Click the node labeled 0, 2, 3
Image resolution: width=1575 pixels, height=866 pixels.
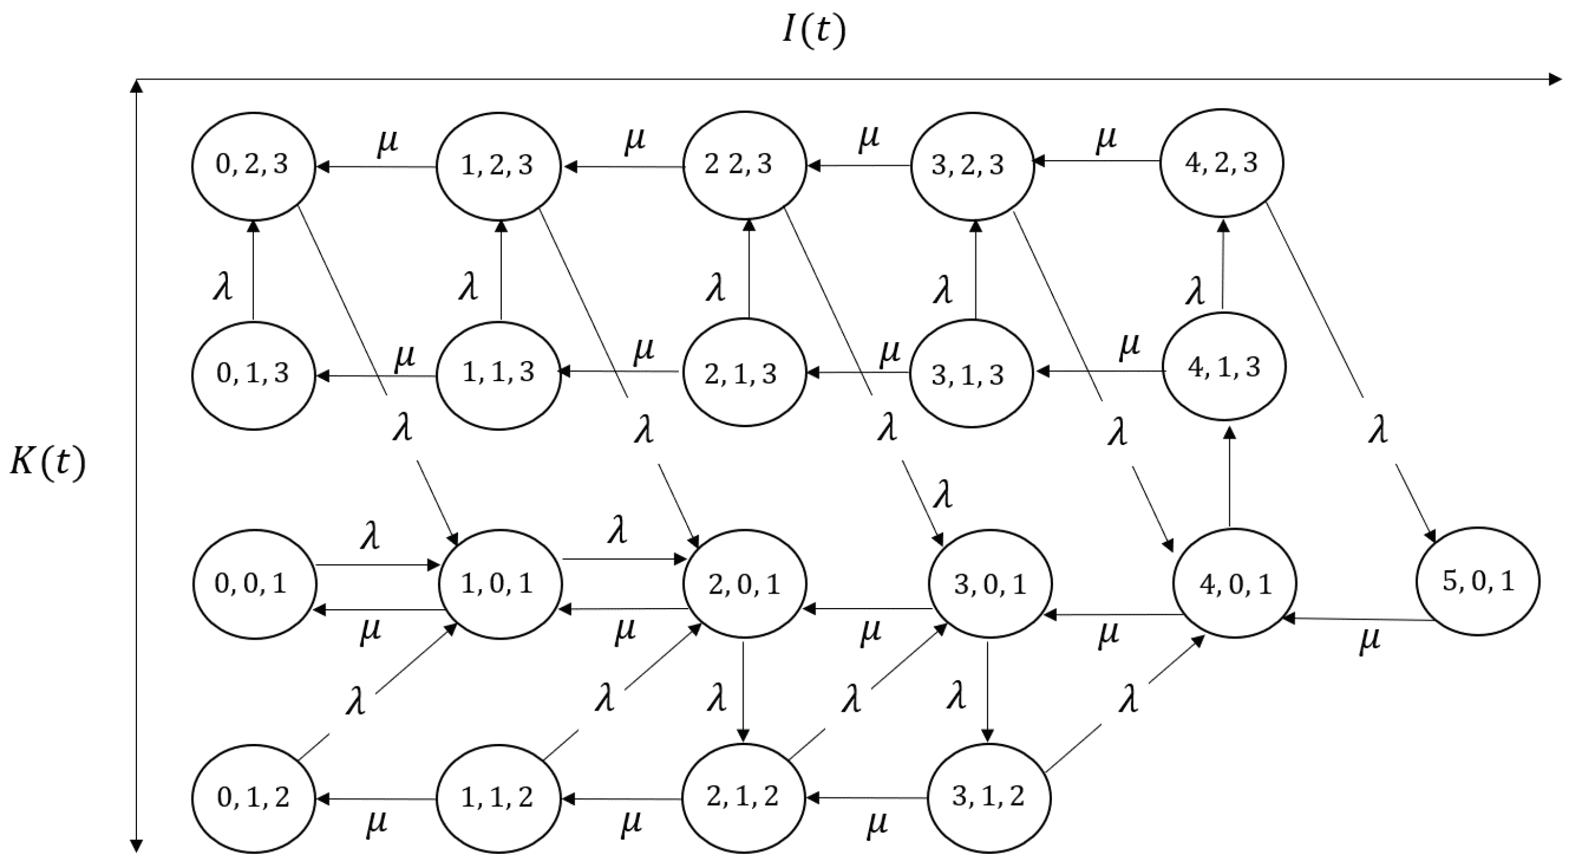[x=254, y=166]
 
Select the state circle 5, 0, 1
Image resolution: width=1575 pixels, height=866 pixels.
[x=1478, y=581]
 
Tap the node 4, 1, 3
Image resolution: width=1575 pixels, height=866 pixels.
[x=1224, y=367]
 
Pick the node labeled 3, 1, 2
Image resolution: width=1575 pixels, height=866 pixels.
[x=989, y=797]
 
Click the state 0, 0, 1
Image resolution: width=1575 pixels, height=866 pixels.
[x=254, y=584]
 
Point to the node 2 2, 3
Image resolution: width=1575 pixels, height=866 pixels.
[x=744, y=165]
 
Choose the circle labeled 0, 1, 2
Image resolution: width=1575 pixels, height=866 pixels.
[x=254, y=798]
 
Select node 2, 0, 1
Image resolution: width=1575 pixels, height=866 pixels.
[x=744, y=584]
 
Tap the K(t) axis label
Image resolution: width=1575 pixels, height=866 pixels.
[x=48, y=463]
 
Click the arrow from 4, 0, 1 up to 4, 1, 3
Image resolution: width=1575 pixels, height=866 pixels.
[x=1230, y=477]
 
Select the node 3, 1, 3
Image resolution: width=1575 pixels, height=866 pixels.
[x=971, y=374]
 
